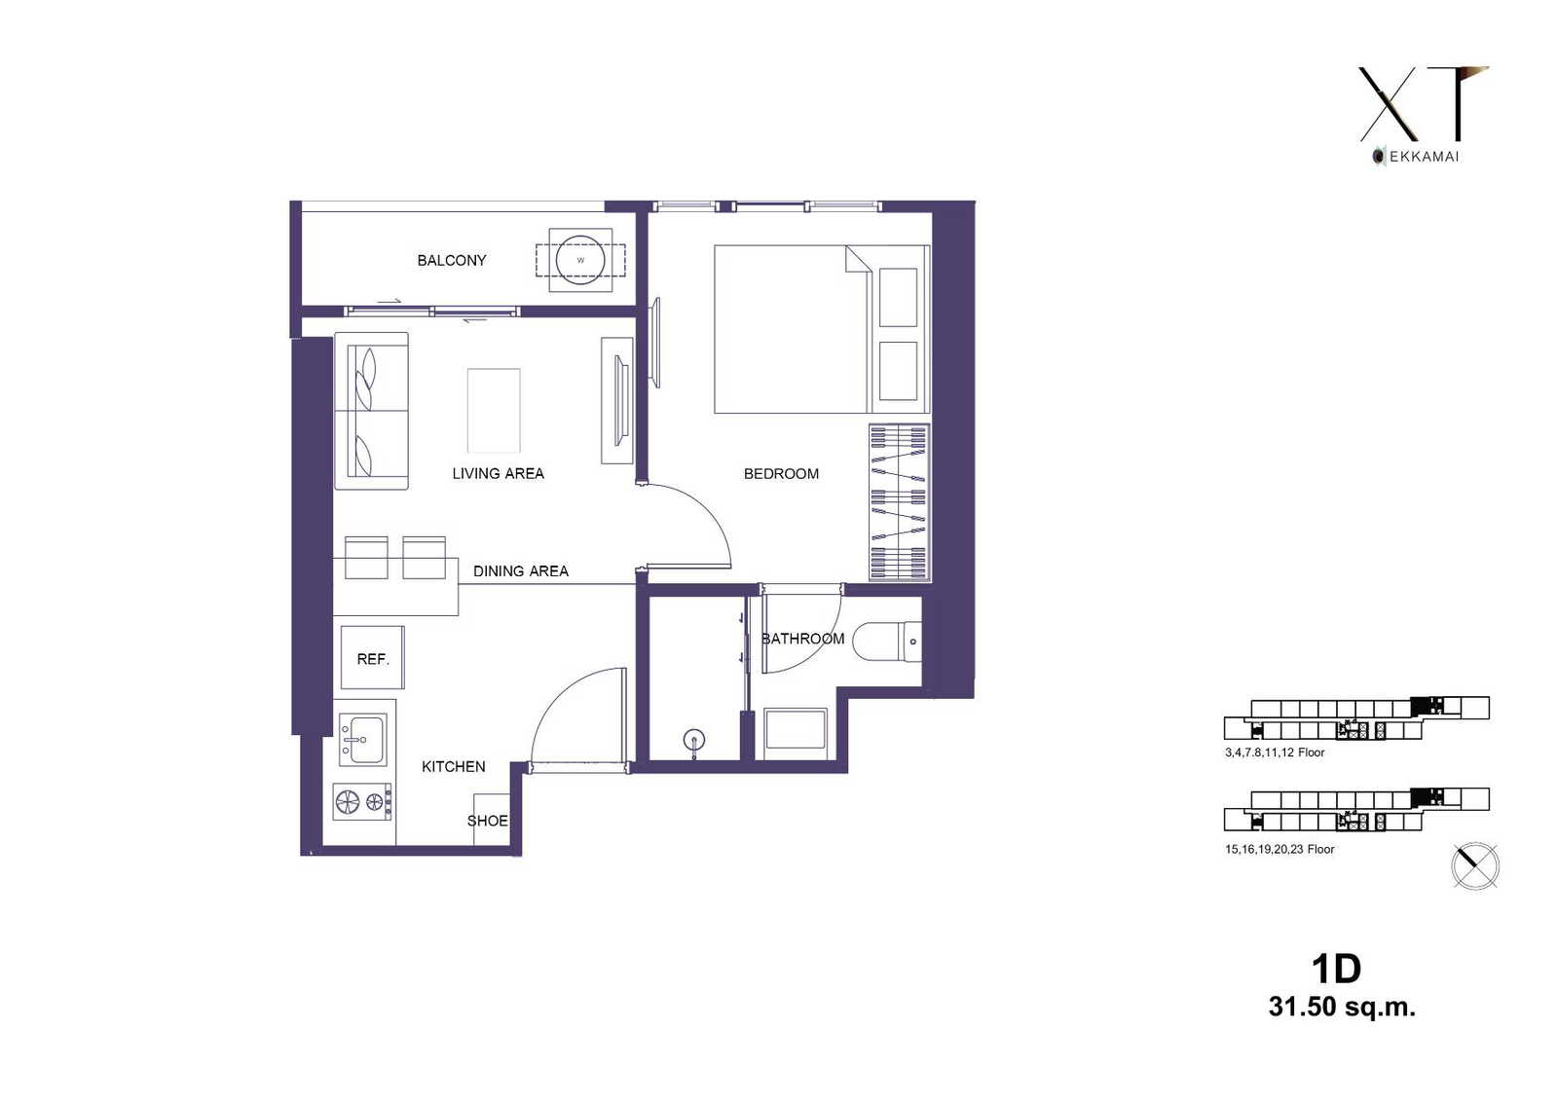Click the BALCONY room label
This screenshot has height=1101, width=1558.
452,260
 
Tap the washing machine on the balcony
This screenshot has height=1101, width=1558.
580,260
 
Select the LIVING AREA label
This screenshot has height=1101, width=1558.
498,474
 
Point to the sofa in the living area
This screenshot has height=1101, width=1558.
371,411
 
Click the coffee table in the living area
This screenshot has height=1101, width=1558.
494,411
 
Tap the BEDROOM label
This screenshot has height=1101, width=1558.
781,474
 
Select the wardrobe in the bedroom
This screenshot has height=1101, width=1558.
900,502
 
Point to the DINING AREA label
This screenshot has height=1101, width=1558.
521,571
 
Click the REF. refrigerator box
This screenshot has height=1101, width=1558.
373,657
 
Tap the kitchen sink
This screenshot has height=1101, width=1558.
362,739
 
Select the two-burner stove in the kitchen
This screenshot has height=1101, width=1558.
361,802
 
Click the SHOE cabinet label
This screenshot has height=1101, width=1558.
488,821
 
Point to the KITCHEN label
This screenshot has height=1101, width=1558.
454,766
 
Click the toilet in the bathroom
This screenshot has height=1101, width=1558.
887,642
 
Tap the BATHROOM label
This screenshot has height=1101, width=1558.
803,639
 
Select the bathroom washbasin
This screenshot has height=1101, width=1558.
796,729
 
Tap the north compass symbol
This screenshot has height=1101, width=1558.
1475,866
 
